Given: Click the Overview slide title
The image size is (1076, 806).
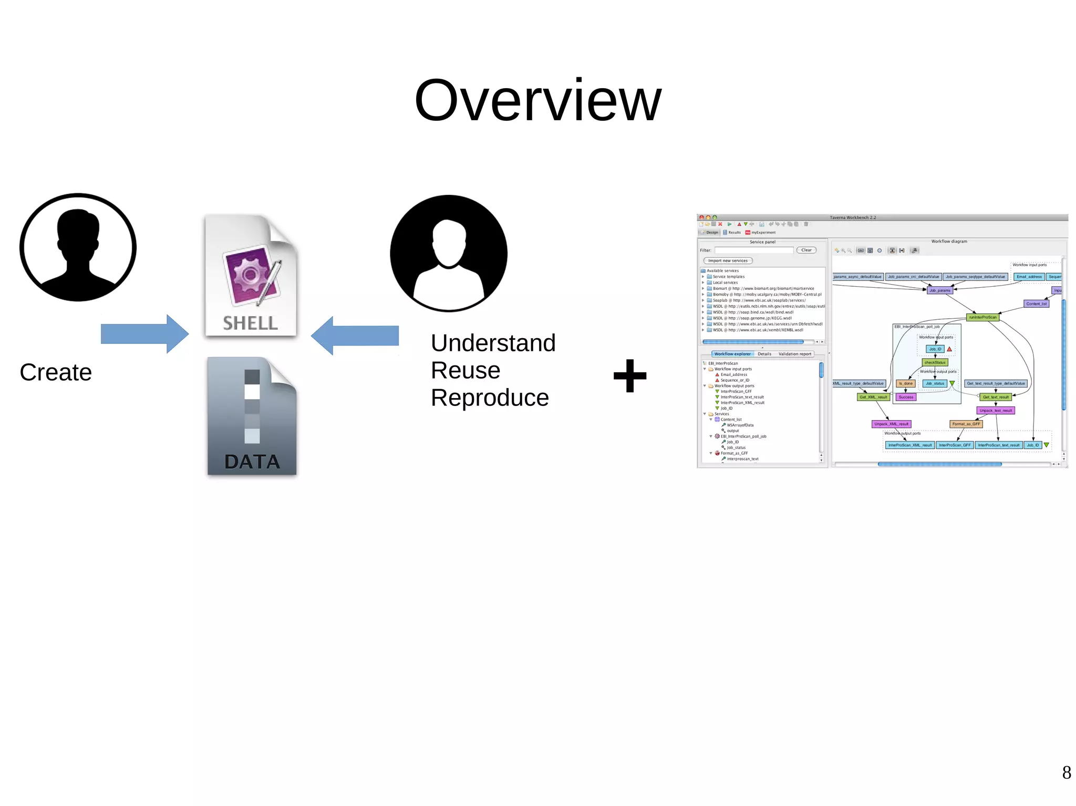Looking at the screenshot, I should [x=537, y=101].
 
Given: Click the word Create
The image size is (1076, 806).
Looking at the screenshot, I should [x=56, y=372].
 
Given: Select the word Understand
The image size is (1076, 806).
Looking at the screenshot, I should [x=493, y=343].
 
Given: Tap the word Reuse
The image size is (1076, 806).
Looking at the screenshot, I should [x=465, y=370].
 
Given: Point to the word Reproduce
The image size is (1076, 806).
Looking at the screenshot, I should [x=490, y=397].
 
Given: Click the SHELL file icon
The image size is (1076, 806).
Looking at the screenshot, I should [x=251, y=276].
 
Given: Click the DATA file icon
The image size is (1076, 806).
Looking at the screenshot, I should [x=252, y=416].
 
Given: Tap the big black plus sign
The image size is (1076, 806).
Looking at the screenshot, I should [x=630, y=376].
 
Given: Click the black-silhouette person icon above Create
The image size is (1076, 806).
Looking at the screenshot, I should [x=78, y=247].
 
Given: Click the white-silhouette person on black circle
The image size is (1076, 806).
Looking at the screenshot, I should [x=449, y=253].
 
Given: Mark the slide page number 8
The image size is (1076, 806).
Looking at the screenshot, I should [x=1066, y=772].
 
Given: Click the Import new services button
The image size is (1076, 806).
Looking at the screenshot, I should [x=728, y=260].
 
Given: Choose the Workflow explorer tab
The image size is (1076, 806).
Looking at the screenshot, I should [x=732, y=354].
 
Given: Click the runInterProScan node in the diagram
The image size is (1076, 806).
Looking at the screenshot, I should [x=982, y=317].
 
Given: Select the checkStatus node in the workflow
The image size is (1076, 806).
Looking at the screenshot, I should [x=935, y=362].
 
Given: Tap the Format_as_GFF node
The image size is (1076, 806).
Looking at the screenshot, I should [x=966, y=424].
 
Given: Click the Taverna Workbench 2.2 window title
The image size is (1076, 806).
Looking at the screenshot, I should [x=852, y=217].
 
